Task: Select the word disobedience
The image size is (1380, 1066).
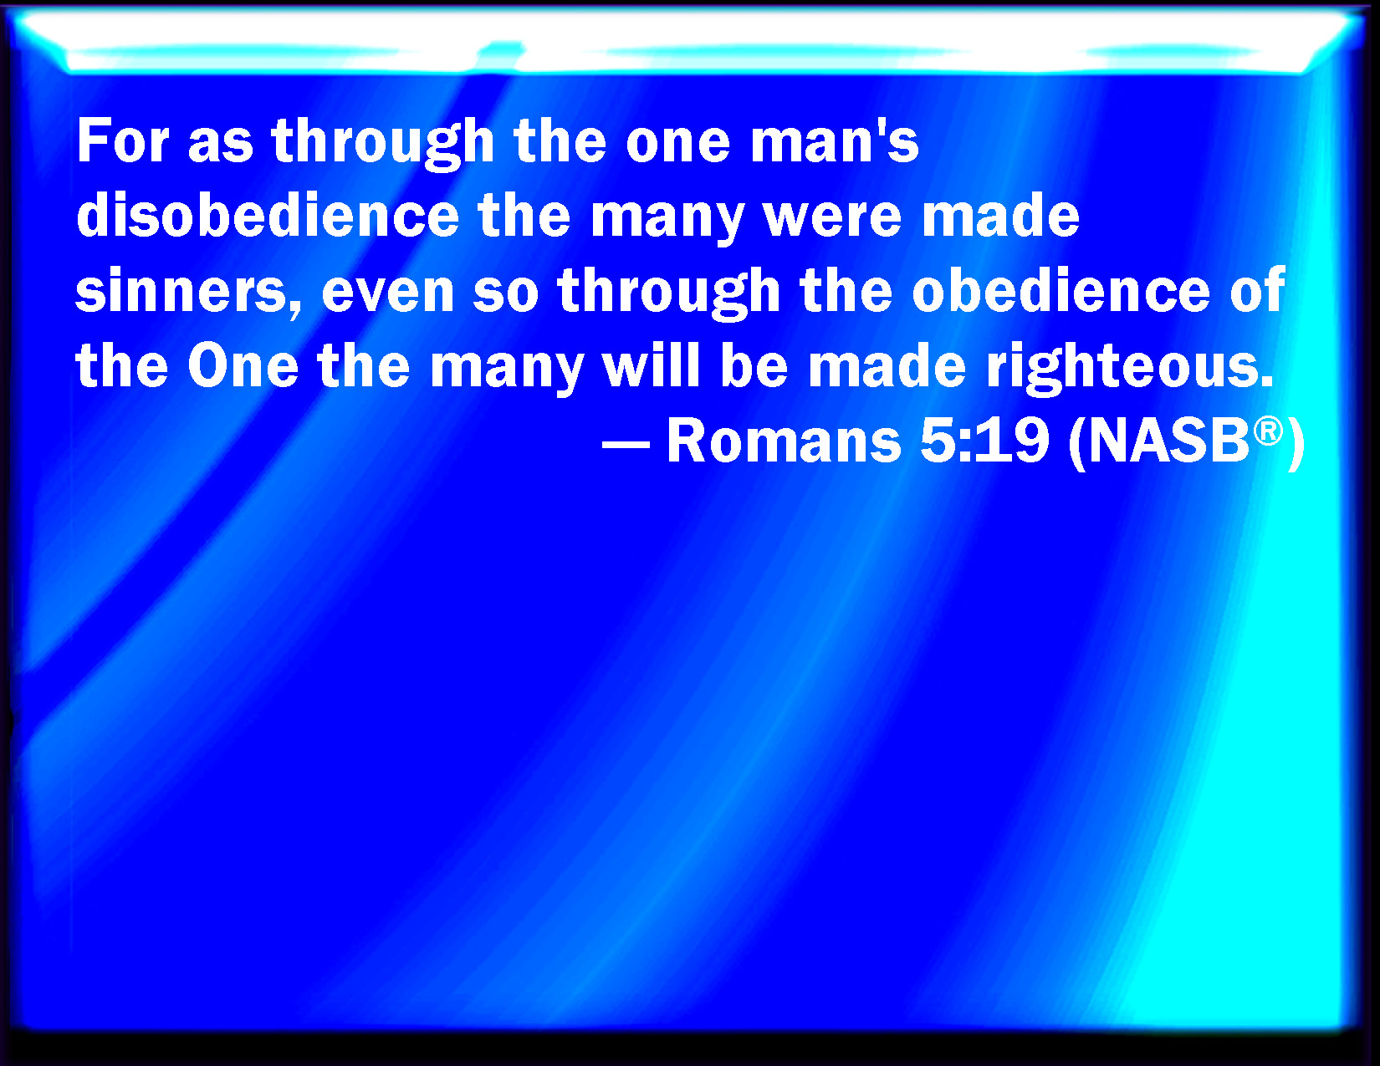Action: pos(268,215)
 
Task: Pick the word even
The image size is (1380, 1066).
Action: pos(387,292)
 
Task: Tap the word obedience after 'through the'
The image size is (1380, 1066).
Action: pos(1061,291)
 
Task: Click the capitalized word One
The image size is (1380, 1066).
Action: pos(243,366)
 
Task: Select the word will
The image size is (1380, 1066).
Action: pos(651,365)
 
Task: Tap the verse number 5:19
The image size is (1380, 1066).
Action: pos(984,441)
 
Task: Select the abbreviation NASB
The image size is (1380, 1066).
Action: pos(1168,441)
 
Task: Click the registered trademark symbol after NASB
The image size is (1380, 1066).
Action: pos(1268,431)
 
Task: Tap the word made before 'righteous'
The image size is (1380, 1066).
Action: pos(887,366)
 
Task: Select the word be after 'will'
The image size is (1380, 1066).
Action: pos(754,366)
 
